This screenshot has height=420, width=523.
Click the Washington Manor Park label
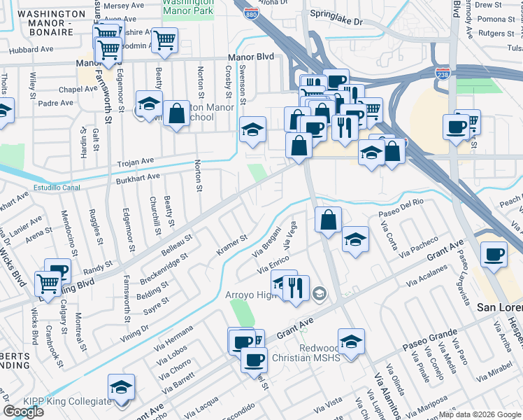(x=189, y=6)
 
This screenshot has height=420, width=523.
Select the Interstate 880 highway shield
(x=250, y=13)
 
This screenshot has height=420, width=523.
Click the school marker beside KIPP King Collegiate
(x=122, y=387)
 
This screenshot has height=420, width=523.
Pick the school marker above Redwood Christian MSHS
(x=351, y=342)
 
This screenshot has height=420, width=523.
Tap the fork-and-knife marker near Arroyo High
(x=296, y=288)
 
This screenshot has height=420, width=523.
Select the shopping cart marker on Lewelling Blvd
(x=47, y=284)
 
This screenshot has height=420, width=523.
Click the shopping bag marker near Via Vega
(x=328, y=220)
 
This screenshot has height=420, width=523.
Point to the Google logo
(x=23, y=412)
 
